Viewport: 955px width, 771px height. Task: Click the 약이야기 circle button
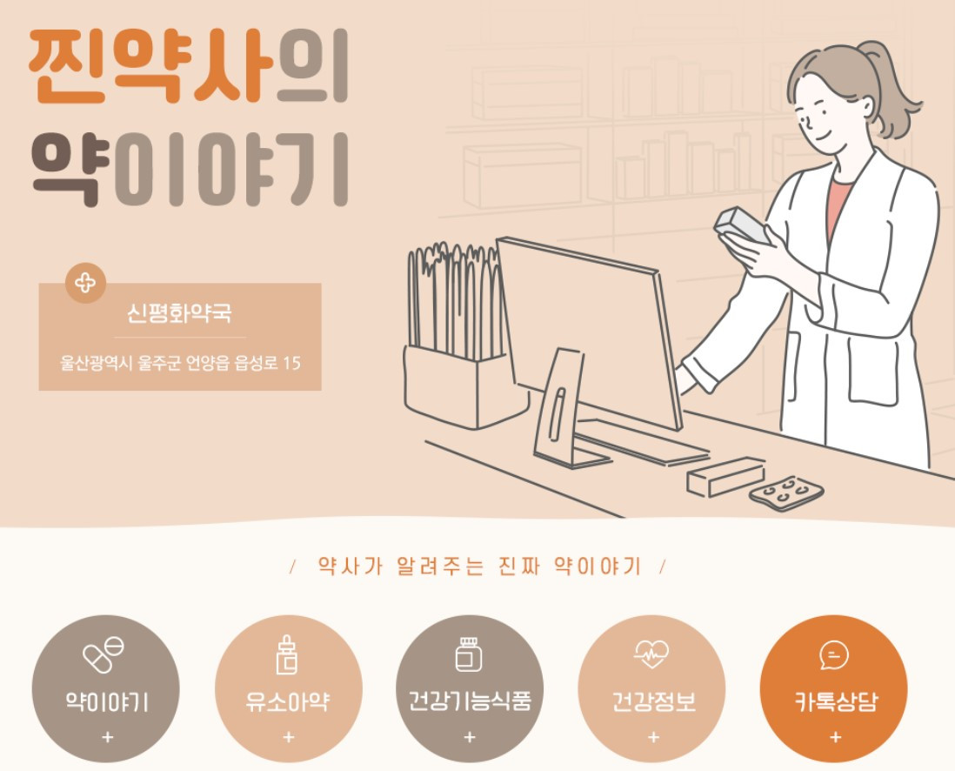[x=106, y=688]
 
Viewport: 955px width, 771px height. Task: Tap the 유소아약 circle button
[x=288, y=688]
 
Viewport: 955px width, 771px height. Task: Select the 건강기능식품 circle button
[x=470, y=688]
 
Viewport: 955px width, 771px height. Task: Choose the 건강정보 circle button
[x=651, y=688]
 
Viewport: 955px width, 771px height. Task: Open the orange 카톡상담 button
[x=834, y=688]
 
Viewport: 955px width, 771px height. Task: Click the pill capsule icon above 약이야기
[x=103, y=654]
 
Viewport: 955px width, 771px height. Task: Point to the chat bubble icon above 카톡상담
[x=834, y=655]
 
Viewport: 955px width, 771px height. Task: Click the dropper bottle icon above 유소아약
[x=288, y=654]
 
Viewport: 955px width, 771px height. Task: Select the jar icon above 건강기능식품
[x=469, y=654]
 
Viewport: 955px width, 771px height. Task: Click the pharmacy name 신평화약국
[x=179, y=313]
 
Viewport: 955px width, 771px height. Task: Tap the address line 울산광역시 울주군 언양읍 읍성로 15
[x=180, y=363]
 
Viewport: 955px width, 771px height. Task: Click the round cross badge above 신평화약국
[x=85, y=283]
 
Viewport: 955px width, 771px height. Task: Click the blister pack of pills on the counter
[x=785, y=493]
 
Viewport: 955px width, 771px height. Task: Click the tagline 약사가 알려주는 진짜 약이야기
[x=478, y=567]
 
